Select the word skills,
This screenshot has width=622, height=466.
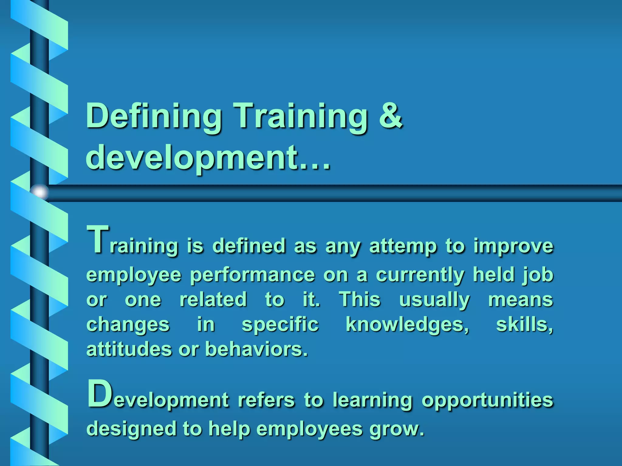pyautogui.click(x=525, y=325)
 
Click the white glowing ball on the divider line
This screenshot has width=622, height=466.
pyautogui.click(x=40, y=192)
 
